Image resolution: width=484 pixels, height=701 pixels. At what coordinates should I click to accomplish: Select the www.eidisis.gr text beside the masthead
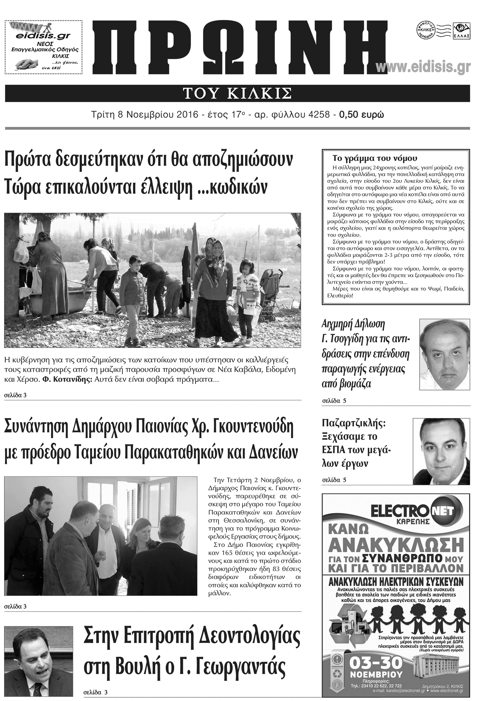click(x=423, y=67)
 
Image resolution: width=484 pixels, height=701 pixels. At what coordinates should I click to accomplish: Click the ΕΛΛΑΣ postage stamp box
click(x=461, y=31)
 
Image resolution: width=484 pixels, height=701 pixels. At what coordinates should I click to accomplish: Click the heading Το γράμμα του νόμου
click(x=375, y=158)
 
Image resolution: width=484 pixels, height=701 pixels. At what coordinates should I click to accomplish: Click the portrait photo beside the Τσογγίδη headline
click(x=445, y=354)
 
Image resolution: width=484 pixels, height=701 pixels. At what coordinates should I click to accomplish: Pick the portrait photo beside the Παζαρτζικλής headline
click(x=441, y=451)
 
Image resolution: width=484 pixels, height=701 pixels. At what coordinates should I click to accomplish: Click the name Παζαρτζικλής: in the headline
click(x=353, y=423)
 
